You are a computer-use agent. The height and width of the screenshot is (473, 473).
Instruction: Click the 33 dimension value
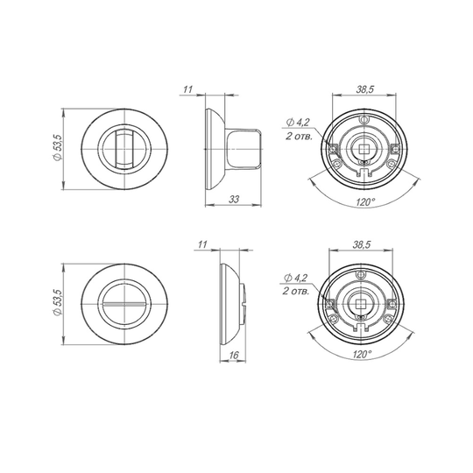click(235, 200)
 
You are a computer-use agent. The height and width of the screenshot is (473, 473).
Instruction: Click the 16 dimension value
click(234, 356)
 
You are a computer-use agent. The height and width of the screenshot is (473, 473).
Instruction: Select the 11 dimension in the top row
click(187, 89)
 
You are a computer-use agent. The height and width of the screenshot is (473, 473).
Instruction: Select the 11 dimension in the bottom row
click(202, 244)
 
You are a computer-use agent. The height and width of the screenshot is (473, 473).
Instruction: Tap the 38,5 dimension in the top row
click(365, 89)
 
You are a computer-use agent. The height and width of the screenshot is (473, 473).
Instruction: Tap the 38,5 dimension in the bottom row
click(362, 244)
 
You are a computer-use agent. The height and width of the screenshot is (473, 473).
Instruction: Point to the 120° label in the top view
click(365, 201)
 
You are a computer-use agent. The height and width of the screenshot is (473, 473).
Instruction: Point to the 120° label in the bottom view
click(362, 354)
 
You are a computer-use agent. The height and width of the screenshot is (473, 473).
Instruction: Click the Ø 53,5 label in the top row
click(58, 148)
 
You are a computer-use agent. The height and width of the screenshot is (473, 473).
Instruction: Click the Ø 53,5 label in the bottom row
click(57, 303)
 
